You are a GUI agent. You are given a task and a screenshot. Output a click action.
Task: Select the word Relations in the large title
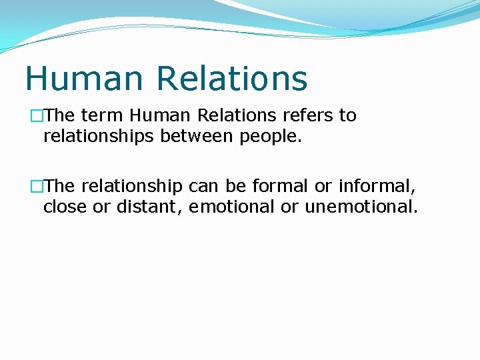point(233,78)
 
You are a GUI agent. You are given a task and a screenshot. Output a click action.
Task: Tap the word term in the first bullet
point(102,115)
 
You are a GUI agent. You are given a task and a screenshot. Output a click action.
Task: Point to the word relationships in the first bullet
point(99,137)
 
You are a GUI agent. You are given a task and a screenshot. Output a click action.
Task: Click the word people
point(273,138)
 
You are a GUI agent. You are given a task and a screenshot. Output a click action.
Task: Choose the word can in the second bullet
point(202,185)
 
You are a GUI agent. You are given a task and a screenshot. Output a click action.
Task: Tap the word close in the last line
point(65,207)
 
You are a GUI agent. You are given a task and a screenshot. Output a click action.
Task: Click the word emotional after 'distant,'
point(231,207)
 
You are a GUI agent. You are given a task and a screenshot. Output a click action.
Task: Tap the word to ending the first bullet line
point(348,115)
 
